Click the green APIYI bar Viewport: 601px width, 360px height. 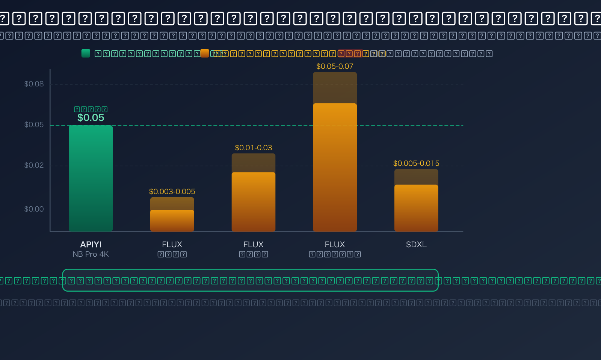(91, 178)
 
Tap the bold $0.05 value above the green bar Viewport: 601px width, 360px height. (91, 118)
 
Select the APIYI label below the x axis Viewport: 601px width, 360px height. (91, 244)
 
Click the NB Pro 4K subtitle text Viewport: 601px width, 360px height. (91, 254)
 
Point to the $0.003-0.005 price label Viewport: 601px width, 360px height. (172, 192)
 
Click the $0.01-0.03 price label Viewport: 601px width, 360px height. (254, 148)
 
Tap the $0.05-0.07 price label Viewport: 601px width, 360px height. (335, 67)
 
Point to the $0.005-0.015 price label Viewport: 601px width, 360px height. (416, 163)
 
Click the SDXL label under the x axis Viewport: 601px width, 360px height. (416, 244)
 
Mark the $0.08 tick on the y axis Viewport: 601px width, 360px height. (34, 84)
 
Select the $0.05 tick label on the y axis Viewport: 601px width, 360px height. (34, 124)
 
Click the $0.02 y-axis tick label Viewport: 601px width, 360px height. (34, 165)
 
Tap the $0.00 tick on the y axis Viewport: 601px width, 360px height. (34, 209)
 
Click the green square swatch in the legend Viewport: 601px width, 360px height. (86, 53)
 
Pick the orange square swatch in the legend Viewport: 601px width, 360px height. (205, 53)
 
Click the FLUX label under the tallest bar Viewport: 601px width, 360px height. (335, 244)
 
